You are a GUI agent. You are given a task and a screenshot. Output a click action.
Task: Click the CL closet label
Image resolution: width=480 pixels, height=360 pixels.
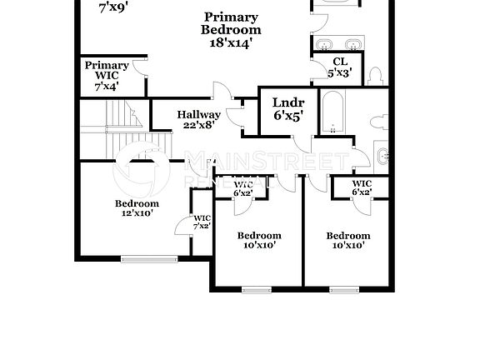click(x=339, y=62)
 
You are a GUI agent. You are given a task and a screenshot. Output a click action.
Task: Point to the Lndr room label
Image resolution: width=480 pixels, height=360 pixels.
click(x=288, y=103)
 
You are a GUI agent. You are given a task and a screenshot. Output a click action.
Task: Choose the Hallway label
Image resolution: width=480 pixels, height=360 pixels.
click(x=199, y=115)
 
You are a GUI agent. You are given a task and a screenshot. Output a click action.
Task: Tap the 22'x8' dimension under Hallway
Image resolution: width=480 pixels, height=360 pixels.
click(x=199, y=126)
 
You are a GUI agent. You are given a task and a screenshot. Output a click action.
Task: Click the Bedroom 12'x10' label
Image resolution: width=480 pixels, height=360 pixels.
click(x=137, y=203)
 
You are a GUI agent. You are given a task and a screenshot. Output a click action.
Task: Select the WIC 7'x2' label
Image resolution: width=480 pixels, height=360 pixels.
click(x=202, y=222)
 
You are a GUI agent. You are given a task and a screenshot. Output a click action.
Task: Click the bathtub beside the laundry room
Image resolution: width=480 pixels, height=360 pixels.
click(x=333, y=114)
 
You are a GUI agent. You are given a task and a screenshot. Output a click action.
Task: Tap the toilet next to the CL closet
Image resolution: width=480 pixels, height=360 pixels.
click(x=375, y=77)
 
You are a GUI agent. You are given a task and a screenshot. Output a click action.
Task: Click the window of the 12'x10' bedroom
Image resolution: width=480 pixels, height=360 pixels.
click(x=149, y=258)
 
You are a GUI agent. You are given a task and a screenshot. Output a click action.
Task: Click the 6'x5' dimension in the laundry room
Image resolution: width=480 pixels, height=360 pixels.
click(x=288, y=117)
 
